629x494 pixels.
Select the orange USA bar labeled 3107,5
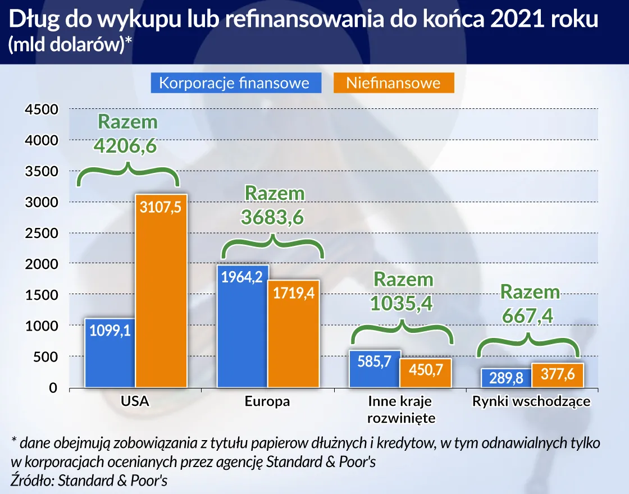pos(161,291)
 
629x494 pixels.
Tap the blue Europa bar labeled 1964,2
pos(242,326)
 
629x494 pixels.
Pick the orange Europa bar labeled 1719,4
pos(293,333)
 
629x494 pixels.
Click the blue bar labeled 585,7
pos(374,368)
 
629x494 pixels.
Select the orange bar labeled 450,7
pos(425,373)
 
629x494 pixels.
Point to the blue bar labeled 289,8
pos(506,378)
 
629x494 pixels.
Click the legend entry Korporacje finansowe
pos(235,83)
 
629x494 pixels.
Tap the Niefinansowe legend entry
pos(393,83)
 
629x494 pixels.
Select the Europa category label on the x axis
pos(267,401)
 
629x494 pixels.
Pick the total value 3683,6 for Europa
pos(274,216)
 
